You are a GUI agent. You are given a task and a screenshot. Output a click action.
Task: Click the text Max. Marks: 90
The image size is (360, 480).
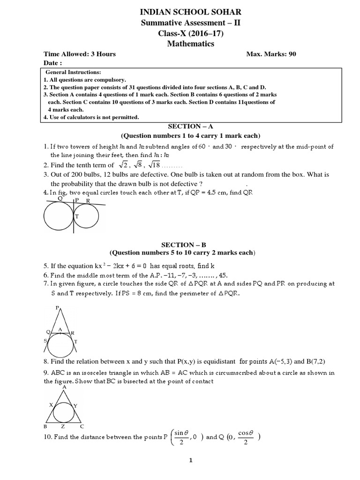tap(271, 54)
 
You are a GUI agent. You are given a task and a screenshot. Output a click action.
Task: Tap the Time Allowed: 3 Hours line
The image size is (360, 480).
tap(80, 54)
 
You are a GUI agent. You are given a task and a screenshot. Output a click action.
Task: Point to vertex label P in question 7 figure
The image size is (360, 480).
tap(57, 308)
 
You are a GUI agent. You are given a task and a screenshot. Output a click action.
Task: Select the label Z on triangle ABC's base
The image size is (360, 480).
tap(62, 427)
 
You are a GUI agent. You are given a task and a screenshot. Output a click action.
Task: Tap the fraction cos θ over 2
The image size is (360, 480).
tap(246, 437)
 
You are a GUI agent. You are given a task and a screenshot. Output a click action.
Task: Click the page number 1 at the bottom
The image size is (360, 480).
tap(190, 461)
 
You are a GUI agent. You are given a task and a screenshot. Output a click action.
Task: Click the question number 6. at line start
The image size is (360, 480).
tap(46, 275)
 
